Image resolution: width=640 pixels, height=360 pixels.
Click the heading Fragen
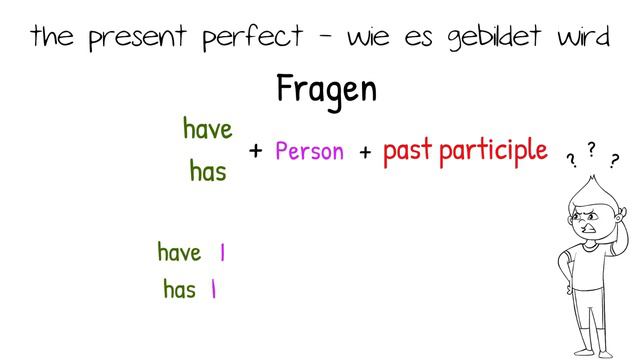click(326, 90)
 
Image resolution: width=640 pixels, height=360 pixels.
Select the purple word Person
click(309, 152)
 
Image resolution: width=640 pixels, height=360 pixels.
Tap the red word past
click(406, 151)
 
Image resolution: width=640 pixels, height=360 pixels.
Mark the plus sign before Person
click(255, 151)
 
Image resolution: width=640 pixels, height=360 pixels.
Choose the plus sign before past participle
click(365, 151)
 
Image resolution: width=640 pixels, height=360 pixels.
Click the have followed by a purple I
click(179, 252)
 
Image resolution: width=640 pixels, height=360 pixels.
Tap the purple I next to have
click(222, 253)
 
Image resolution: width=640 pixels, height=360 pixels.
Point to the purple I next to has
click(214, 291)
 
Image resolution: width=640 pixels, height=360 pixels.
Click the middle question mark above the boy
click(591, 149)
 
